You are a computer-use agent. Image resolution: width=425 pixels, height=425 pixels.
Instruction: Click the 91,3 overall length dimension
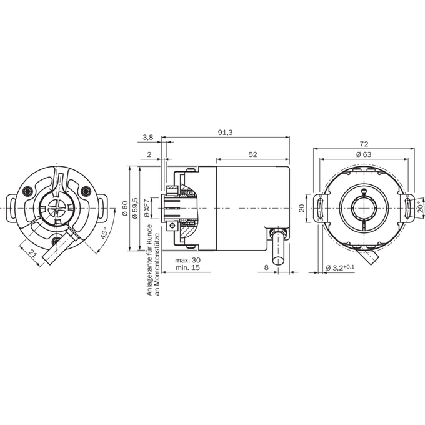[x=226, y=132]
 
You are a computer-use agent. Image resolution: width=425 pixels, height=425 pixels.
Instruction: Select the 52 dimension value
[x=252, y=154]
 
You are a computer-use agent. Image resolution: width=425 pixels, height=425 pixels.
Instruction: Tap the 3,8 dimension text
[x=148, y=137]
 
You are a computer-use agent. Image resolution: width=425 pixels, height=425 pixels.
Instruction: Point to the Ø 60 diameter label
[x=124, y=208]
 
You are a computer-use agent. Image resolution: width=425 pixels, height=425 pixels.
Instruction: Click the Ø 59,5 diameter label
[x=135, y=208]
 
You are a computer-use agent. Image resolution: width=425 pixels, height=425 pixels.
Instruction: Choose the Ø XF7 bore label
[x=146, y=208]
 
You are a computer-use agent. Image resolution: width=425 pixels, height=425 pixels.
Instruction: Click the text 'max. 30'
[x=188, y=260]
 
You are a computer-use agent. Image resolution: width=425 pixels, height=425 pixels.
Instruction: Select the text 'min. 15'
[x=187, y=267]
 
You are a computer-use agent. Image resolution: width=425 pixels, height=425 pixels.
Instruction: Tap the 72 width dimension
[x=364, y=144]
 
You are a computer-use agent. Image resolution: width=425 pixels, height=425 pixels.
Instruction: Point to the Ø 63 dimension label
[x=364, y=154]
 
